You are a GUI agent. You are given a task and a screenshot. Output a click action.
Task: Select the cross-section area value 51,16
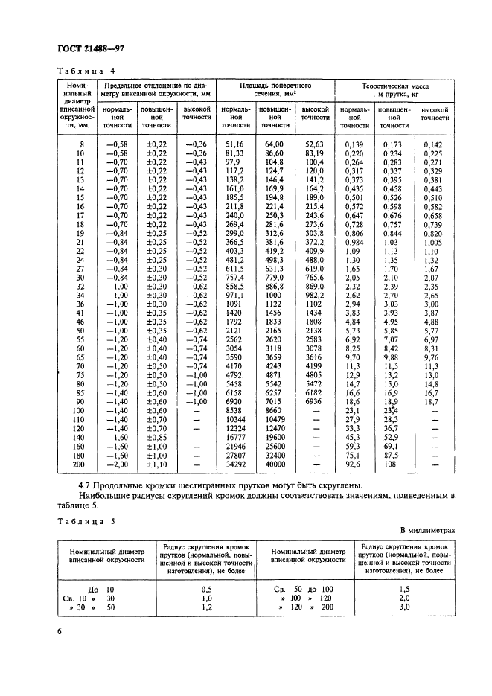tap(234, 144)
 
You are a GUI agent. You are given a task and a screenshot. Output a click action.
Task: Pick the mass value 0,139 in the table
tap(354, 144)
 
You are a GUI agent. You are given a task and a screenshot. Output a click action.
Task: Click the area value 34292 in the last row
tap(234, 464)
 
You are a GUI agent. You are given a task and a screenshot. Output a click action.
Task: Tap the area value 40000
tap(275, 464)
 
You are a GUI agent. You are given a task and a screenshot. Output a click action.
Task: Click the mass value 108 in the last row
tap(392, 464)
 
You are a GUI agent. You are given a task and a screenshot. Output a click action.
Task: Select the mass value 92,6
tap(354, 464)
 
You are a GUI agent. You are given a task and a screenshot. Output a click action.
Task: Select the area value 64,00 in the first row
tap(275, 144)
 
